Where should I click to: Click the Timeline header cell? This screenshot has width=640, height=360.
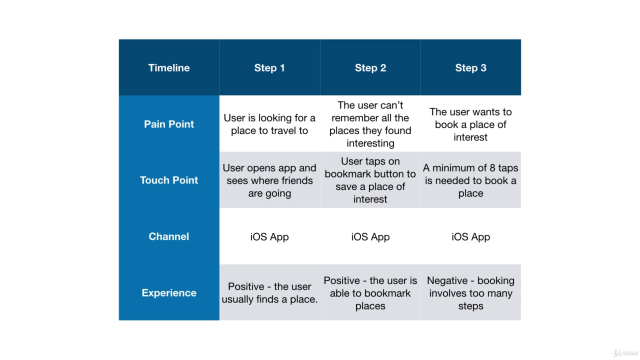169,67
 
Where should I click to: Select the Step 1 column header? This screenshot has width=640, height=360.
269,67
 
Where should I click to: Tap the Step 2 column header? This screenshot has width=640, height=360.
370,67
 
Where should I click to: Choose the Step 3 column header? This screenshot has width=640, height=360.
471,67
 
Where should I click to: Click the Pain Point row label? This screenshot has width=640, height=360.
169,124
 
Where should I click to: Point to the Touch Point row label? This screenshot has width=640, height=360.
169,180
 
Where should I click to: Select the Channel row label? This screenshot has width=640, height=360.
169,236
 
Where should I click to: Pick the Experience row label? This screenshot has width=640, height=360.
169,292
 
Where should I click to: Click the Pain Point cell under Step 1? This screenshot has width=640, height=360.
269,124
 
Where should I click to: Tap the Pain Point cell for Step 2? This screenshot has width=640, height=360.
370,124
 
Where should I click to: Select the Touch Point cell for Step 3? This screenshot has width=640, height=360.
471,180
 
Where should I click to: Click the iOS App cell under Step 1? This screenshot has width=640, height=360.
269,236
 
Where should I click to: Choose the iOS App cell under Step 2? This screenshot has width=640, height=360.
370,236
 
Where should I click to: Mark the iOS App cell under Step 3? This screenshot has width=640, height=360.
471,236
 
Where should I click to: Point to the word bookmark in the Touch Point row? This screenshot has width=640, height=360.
349,173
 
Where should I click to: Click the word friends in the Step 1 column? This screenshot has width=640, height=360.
297,180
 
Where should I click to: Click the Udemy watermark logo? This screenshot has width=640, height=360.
625,353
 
